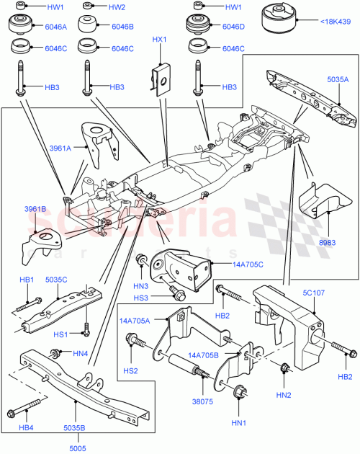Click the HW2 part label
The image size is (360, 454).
pos(117,7)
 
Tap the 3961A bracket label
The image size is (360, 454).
pos(61,148)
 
